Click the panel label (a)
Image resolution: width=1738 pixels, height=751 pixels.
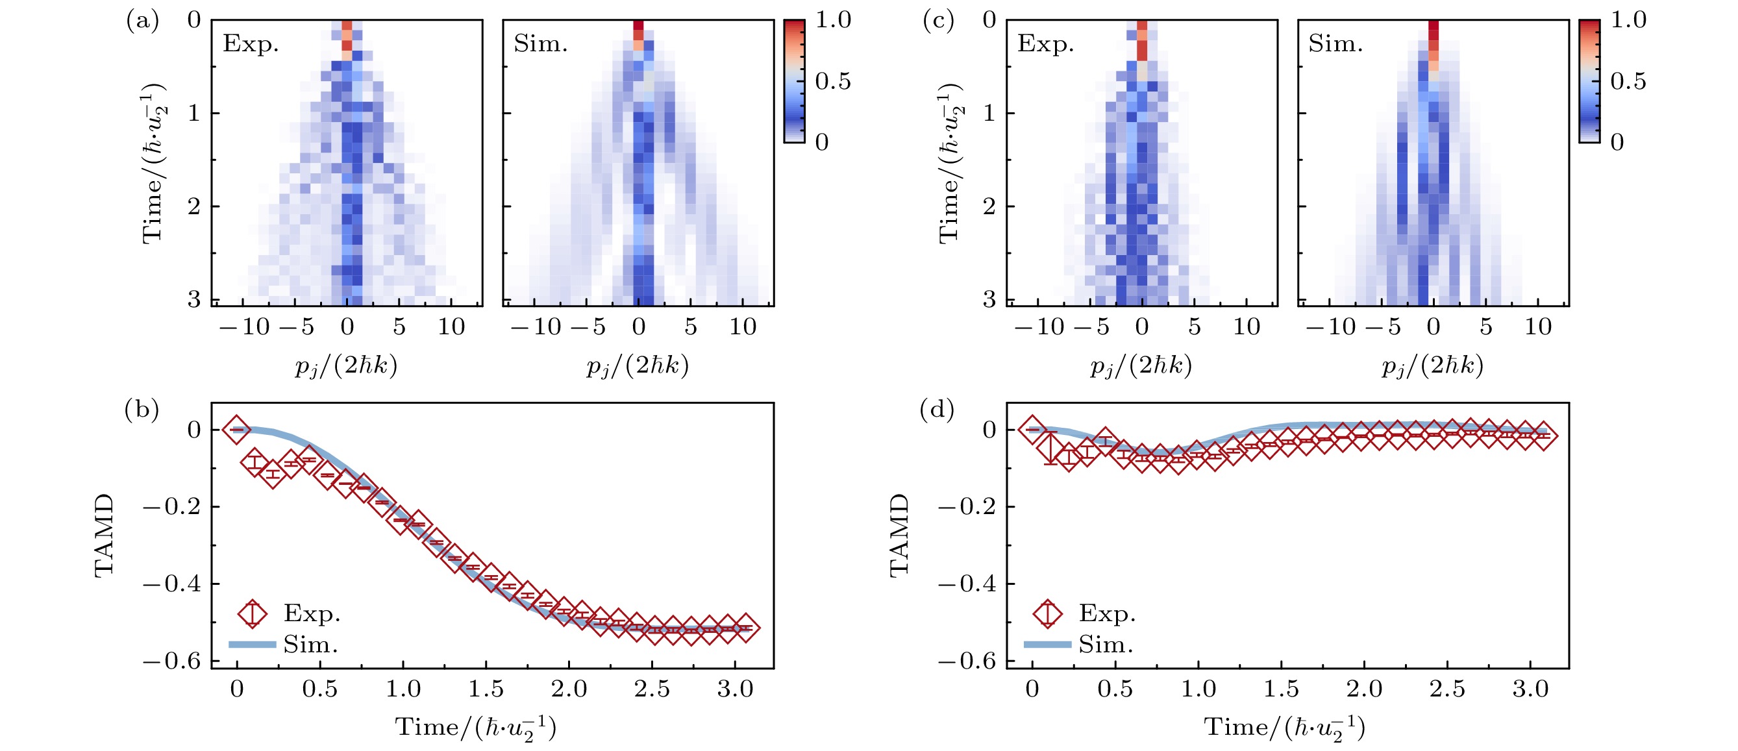coord(142,21)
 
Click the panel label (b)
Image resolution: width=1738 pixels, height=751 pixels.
coord(142,410)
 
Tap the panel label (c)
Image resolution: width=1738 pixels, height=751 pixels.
coord(937,21)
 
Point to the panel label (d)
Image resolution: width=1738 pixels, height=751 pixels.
coord(937,410)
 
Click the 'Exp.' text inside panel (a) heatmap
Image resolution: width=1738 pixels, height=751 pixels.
coord(251,44)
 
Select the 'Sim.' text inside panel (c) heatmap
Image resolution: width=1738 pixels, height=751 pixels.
coord(1335,44)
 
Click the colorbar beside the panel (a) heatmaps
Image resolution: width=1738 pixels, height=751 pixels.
coord(793,81)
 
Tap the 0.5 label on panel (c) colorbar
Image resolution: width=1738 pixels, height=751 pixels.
coord(1628,82)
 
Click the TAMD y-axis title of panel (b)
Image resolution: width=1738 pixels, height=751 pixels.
coord(104,535)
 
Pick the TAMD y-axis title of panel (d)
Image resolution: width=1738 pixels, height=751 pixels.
coord(899,535)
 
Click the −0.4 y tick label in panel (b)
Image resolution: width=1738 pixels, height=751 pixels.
coord(171,583)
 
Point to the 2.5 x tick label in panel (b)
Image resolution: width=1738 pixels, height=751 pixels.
coord(652,689)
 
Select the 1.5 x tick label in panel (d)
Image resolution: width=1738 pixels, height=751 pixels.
coord(1280,689)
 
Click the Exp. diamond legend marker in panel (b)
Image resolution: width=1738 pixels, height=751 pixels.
coord(253,613)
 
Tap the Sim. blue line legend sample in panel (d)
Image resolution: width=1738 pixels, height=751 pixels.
coord(1047,645)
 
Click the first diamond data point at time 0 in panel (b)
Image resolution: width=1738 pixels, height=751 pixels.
coord(236,429)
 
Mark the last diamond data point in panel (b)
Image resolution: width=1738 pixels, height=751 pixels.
coord(745,628)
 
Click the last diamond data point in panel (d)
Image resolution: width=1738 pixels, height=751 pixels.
coord(1543,436)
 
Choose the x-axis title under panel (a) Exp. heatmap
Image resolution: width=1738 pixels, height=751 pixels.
coord(346,365)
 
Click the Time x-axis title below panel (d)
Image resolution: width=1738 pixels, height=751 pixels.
coord(1285,728)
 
